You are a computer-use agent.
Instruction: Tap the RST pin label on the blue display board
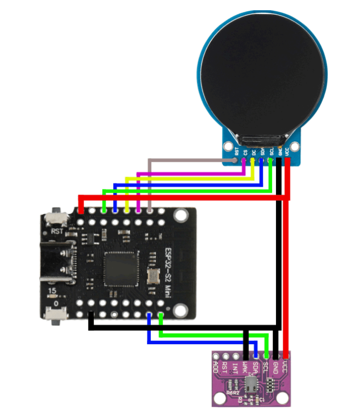[x=237, y=152]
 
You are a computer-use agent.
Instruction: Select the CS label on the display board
[x=245, y=152]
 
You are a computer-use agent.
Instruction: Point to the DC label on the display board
[x=253, y=152]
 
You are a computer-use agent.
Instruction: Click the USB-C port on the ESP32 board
[x=56, y=263]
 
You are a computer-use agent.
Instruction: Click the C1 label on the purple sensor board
[x=262, y=400]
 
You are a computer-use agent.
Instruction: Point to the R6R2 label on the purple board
[x=233, y=393]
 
